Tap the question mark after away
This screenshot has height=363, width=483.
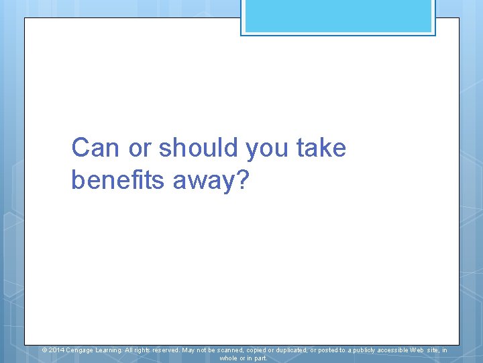[x=241, y=180]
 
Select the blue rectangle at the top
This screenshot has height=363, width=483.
[x=338, y=16]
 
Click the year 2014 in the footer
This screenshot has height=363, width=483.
[x=56, y=350]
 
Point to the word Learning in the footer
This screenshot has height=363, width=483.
[x=109, y=350]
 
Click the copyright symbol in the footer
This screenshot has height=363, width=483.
[x=44, y=350]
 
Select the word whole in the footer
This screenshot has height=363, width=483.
[x=229, y=358]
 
